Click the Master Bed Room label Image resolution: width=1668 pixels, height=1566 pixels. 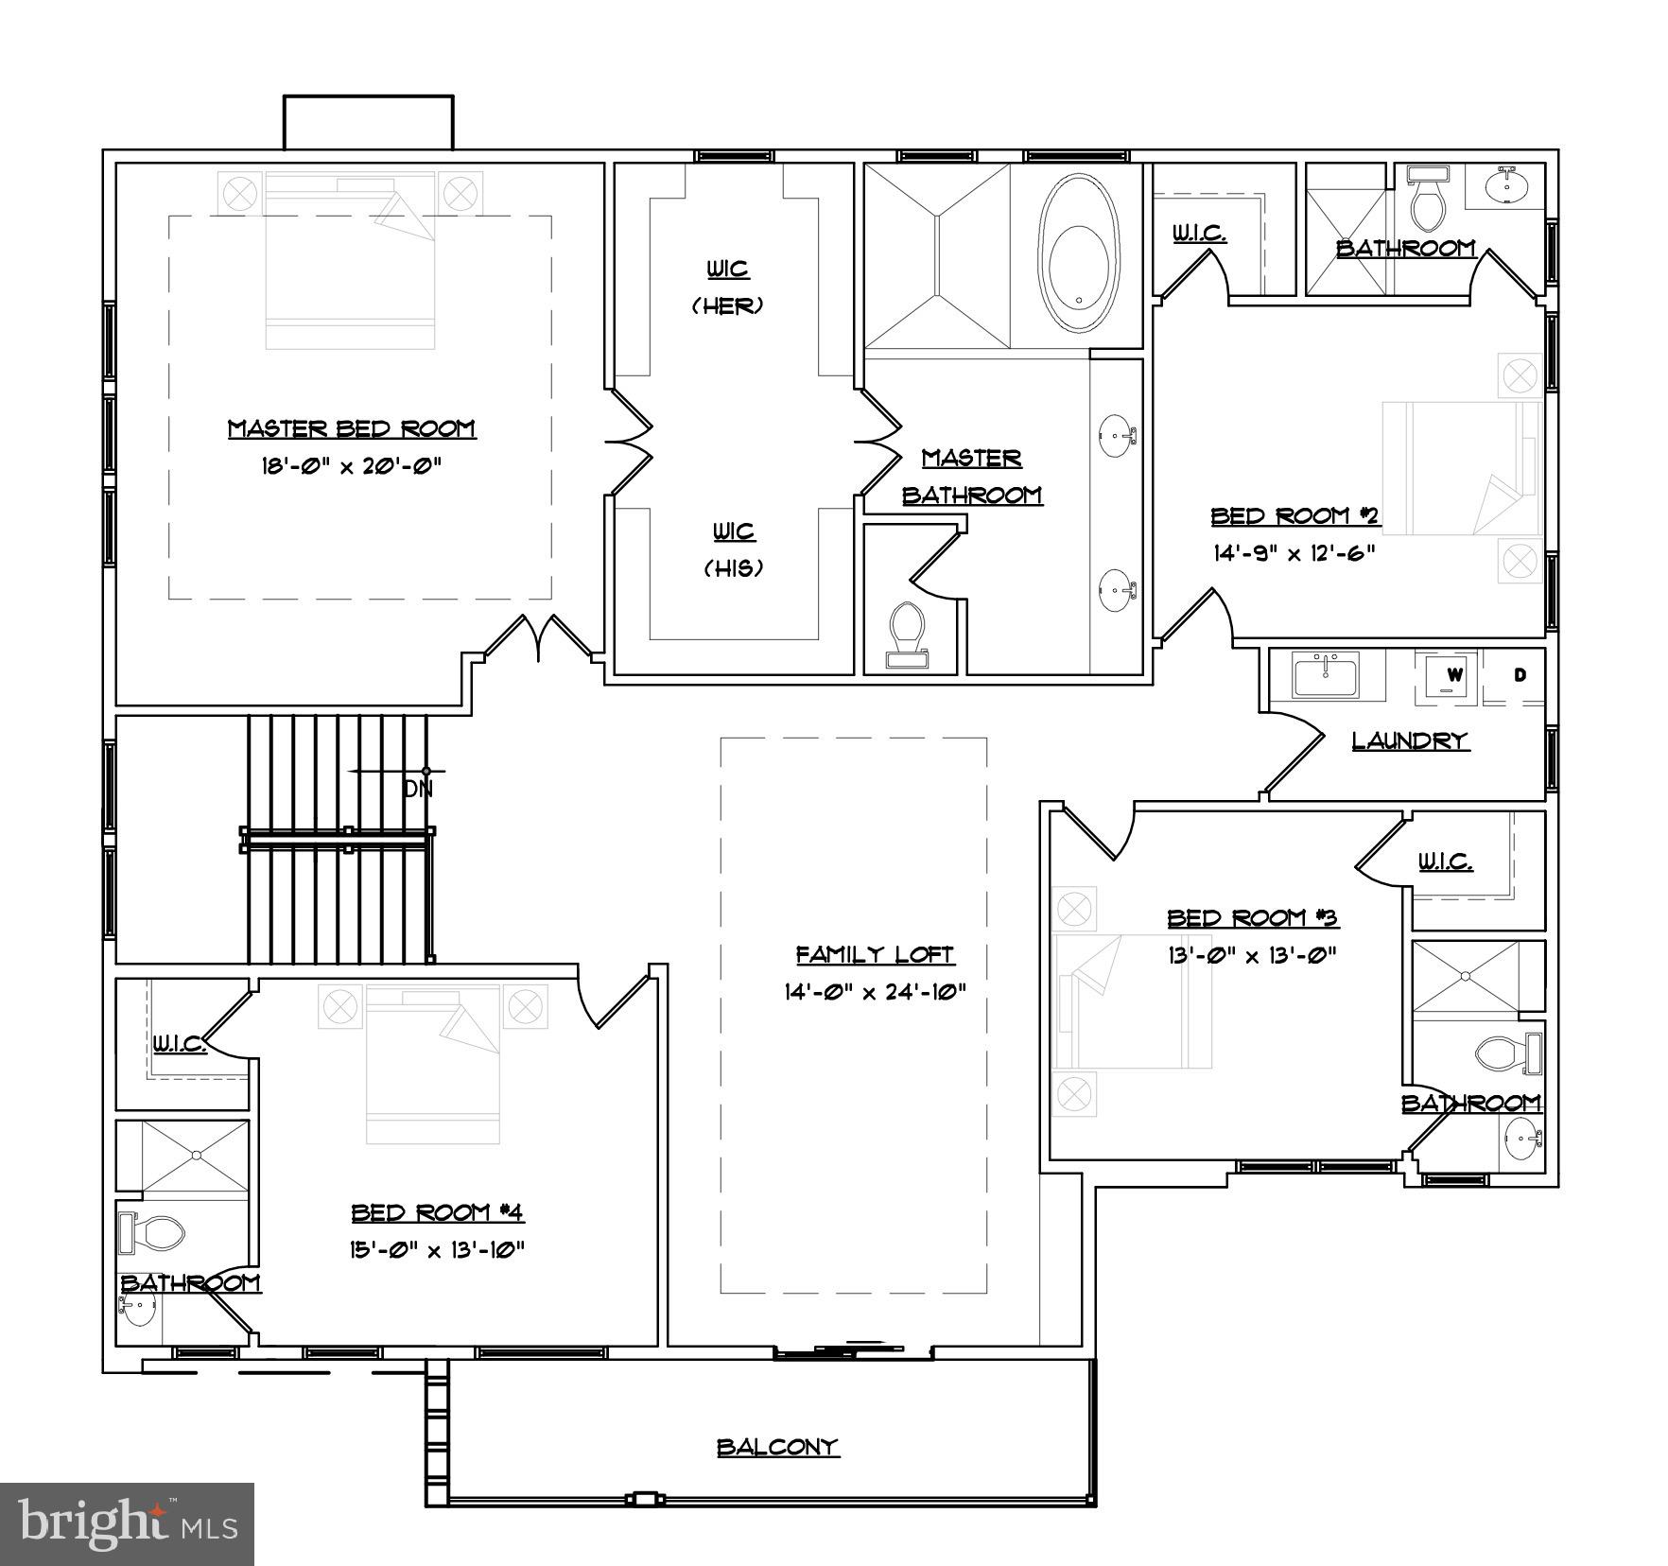tap(351, 428)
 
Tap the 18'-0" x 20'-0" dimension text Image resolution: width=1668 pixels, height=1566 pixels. tap(351, 466)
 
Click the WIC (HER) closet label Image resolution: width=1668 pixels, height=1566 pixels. tap(728, 287)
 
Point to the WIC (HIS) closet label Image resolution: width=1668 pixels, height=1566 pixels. tap(734, 549)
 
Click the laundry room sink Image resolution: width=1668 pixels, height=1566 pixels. tap(1326, 675)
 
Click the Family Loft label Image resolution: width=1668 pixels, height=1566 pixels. tap(875, 954)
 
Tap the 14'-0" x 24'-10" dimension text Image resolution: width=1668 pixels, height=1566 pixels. tap(875, 992)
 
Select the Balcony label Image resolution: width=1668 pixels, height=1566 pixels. tap(777, 1447)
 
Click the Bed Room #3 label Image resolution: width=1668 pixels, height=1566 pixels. tap(1252, 917)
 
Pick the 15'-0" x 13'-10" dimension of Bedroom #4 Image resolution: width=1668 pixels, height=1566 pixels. tap(437, 1250)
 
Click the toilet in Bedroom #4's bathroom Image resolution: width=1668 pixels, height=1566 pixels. tap(153, 1232)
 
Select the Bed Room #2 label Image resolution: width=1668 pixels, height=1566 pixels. tap(1295, 515)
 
